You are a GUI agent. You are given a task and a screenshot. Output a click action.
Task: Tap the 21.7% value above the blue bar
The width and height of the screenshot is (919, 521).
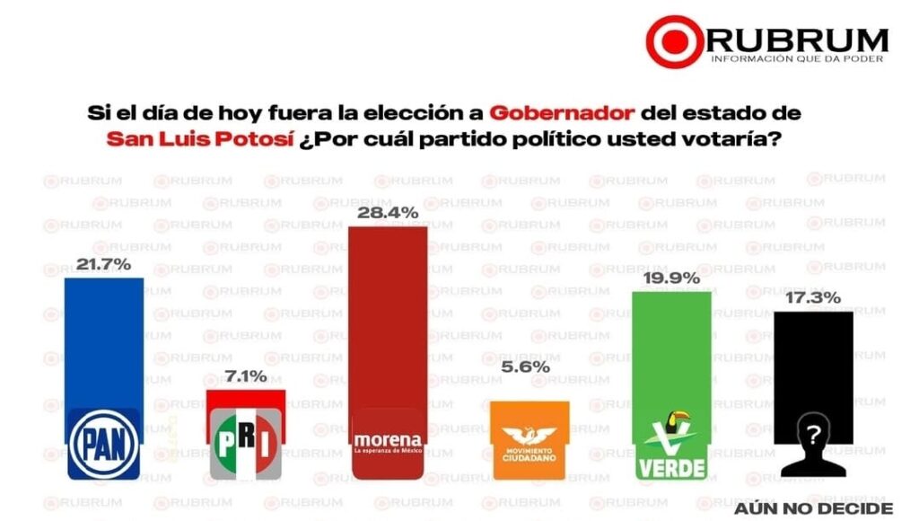point(104,265)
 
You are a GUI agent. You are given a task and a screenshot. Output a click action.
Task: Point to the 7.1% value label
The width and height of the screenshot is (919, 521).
point(245,376)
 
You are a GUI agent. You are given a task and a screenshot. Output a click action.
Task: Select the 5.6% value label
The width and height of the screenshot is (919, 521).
point(530,367)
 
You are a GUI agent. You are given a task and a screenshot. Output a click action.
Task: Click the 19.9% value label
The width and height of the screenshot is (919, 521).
point(672,278)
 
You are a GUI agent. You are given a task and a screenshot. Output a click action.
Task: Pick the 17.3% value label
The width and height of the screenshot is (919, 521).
point(814,297)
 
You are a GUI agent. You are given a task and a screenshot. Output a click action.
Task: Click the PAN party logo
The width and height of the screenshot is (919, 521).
point(104,442)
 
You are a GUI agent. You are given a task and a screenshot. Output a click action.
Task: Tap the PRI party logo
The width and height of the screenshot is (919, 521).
point(245,444)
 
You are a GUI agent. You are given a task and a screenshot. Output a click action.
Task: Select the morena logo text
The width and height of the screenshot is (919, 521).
point(388,439)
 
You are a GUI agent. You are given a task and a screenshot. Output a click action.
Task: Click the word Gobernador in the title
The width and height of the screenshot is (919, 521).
point(563,114)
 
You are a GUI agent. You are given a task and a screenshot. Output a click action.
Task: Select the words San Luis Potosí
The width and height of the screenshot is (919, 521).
point(186,140)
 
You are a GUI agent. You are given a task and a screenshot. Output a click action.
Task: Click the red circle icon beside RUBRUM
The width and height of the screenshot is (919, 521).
point(674,41)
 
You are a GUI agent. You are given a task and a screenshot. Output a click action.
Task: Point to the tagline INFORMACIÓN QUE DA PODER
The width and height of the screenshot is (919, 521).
point(796,59)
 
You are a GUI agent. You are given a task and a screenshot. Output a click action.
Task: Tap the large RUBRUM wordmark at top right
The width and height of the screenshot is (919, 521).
point(798,39)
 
